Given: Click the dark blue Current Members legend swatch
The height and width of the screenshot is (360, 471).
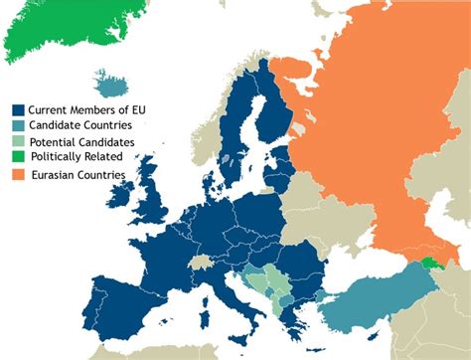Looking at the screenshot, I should (x=18, y=110).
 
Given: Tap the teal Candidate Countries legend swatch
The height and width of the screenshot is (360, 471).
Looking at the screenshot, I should (x=18, y=126).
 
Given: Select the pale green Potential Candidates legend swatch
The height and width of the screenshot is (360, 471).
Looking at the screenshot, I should (x=18, y=142).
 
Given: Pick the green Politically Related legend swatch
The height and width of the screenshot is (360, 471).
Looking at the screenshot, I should (x=18, y=158).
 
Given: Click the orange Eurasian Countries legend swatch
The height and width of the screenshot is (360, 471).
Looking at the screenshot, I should (x=18, y=175).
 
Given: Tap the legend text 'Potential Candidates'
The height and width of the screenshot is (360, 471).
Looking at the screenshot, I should (x=81, y=142).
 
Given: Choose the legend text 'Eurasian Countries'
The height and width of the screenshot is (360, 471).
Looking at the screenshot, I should (x=81, y=175).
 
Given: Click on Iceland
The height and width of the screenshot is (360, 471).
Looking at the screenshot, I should (x=108, y=80).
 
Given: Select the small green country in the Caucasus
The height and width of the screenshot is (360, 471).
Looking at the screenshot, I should (x=428, y=263).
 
